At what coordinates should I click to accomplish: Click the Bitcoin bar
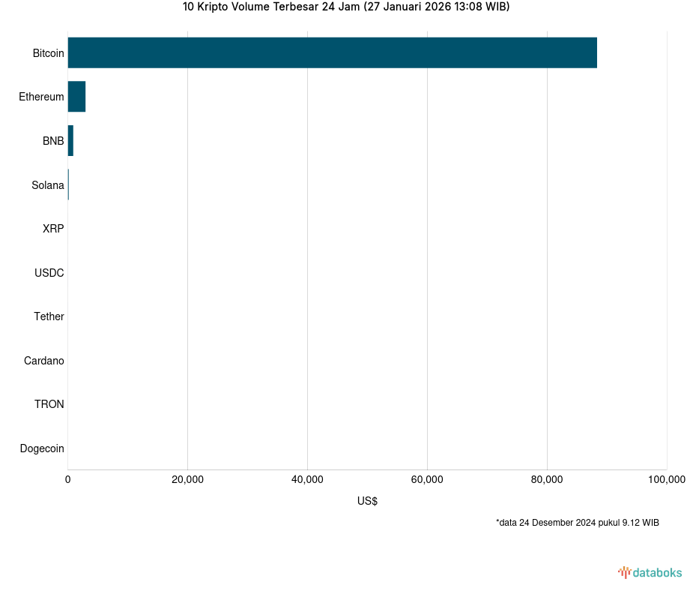(x=332, y=52)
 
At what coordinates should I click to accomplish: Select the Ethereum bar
(x=76, y=97)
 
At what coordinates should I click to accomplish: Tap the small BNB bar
(x=70, y=141)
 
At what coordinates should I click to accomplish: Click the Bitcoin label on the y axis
(x=48, y=53)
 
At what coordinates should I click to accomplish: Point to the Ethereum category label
(x=41, y=97)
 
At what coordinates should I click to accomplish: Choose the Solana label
(x=47, y=185)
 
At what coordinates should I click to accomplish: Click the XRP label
(x=53, y=229)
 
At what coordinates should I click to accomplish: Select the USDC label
(x=49, y=273)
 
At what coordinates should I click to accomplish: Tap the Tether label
(x=49, y=316)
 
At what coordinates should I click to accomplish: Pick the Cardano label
(x=43, y=361)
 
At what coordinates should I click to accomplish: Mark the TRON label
(x=49, y=404)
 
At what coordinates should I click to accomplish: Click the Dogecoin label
(x=41, y=448)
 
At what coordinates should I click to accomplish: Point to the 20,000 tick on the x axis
(x=187, y=480)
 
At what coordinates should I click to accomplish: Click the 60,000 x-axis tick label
(x=427, y=480)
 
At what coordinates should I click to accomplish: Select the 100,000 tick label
(x=666, y=480)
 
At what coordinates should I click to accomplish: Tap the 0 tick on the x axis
(x=68, y=480)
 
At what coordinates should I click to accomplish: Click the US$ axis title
(x=367, y=501)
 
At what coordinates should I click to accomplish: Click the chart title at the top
(x=346, y=7)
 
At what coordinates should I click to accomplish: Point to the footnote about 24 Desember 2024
(x=577, y=522)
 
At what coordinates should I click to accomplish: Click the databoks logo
(x=650, y=572)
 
